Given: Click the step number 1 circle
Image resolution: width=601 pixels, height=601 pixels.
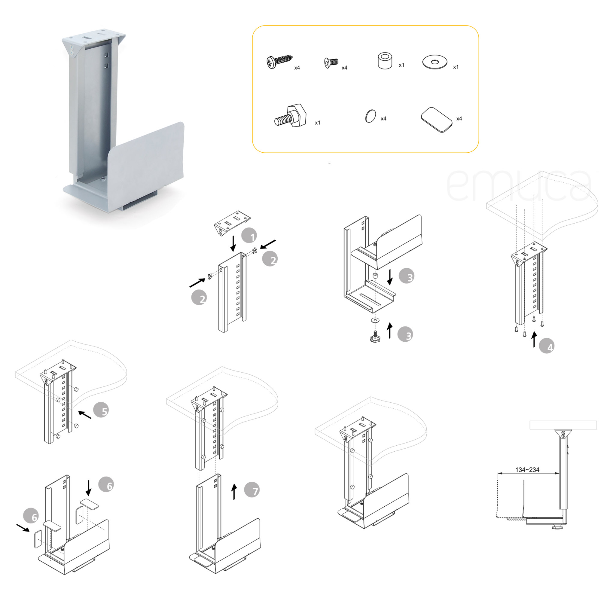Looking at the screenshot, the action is click(x=249, y=236).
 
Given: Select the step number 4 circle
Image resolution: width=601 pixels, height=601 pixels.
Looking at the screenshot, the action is click(x=547, y=346).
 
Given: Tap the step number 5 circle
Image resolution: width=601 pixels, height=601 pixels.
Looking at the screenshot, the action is click(x=101, y=410).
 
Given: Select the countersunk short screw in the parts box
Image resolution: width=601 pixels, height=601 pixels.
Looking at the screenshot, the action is click(x=331, y=63).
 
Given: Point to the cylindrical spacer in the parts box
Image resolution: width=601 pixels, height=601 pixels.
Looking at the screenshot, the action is click(x=385, y=61).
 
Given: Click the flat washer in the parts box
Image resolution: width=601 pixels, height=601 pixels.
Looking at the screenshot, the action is click(x=435, y=62).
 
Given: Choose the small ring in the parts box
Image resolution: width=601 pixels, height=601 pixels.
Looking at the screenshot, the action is click(x=370, y=116).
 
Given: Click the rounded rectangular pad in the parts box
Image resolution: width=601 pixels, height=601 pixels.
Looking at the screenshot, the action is click(x=436, y=120).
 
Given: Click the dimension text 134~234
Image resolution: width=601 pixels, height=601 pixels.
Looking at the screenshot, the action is click(x=527, y=470).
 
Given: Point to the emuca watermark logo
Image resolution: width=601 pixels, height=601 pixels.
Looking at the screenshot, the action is click(x=519, y=186).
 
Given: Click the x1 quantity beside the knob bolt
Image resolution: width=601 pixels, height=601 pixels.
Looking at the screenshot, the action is click(x=318, y=123).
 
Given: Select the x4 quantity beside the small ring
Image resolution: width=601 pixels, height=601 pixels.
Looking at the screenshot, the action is click(x=383, y=118).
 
